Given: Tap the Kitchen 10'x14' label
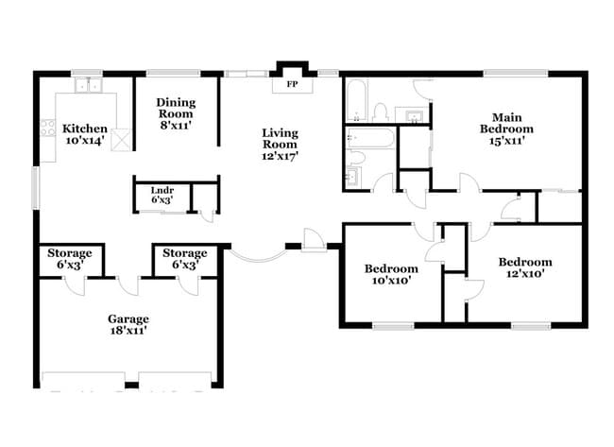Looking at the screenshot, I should pyautogui.click(x=84, y=134).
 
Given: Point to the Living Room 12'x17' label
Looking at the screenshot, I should pyautogui.click(x=281, y=145).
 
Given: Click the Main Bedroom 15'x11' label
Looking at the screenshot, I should pyautogui.click(x=506, y=128).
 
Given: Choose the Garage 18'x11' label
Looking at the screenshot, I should pyautogui.click(x=128, y=324).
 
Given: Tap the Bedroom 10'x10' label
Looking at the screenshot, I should pyautogui.click(x=390, y=274).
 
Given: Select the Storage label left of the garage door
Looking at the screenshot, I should pyautogui.click(x=69, y=259).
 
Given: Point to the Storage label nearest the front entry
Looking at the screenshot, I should pyautogui.click(x=184, y=259).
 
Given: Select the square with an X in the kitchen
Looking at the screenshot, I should pyautogui.click(x=120, y=141).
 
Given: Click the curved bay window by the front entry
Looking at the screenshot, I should pyautogui.click(x=257, y=257).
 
